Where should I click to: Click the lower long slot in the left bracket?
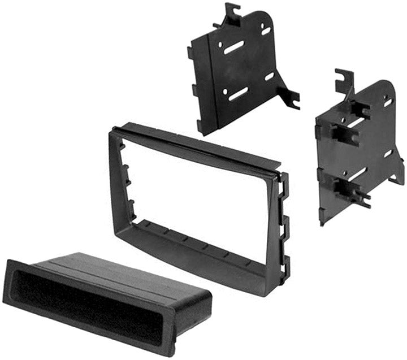(238, 93)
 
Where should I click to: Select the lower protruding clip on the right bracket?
(350, 192)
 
